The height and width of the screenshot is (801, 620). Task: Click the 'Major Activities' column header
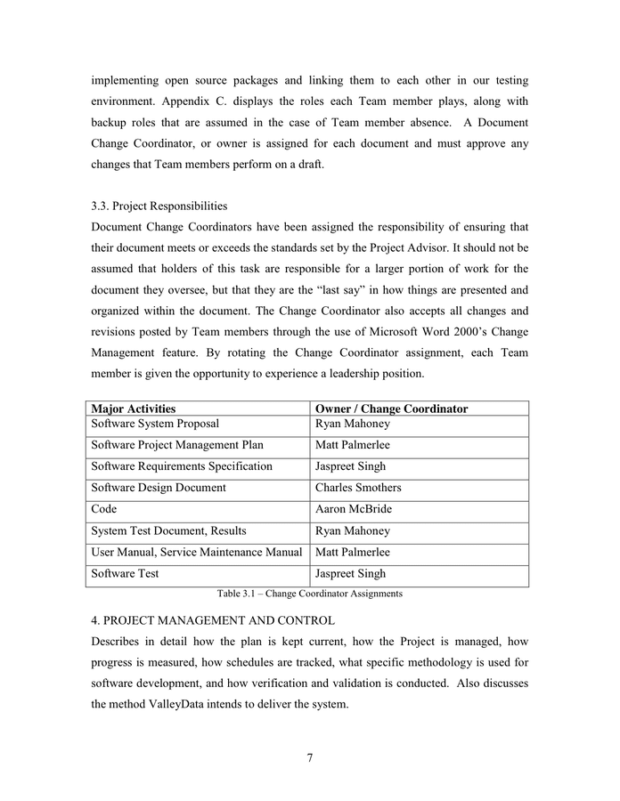133,409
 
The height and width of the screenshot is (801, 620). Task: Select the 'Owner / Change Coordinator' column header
391,409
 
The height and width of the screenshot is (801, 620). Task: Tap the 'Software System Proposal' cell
155,424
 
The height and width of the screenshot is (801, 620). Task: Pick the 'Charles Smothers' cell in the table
358,488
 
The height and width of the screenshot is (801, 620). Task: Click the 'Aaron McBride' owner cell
353,509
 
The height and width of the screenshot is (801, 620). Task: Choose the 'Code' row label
104,509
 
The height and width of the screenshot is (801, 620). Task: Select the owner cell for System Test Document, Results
353,530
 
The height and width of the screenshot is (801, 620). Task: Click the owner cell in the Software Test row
350,573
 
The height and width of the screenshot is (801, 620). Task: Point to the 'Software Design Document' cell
159,488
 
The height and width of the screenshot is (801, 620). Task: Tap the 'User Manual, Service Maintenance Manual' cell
197,552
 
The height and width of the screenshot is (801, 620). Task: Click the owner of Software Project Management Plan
353,445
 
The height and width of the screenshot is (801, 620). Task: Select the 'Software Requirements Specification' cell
182,466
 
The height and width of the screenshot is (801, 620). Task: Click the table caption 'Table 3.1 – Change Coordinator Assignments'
309,594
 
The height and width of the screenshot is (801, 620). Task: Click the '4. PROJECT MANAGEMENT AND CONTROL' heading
213,620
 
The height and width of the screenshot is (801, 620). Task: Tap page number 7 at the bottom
310,758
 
